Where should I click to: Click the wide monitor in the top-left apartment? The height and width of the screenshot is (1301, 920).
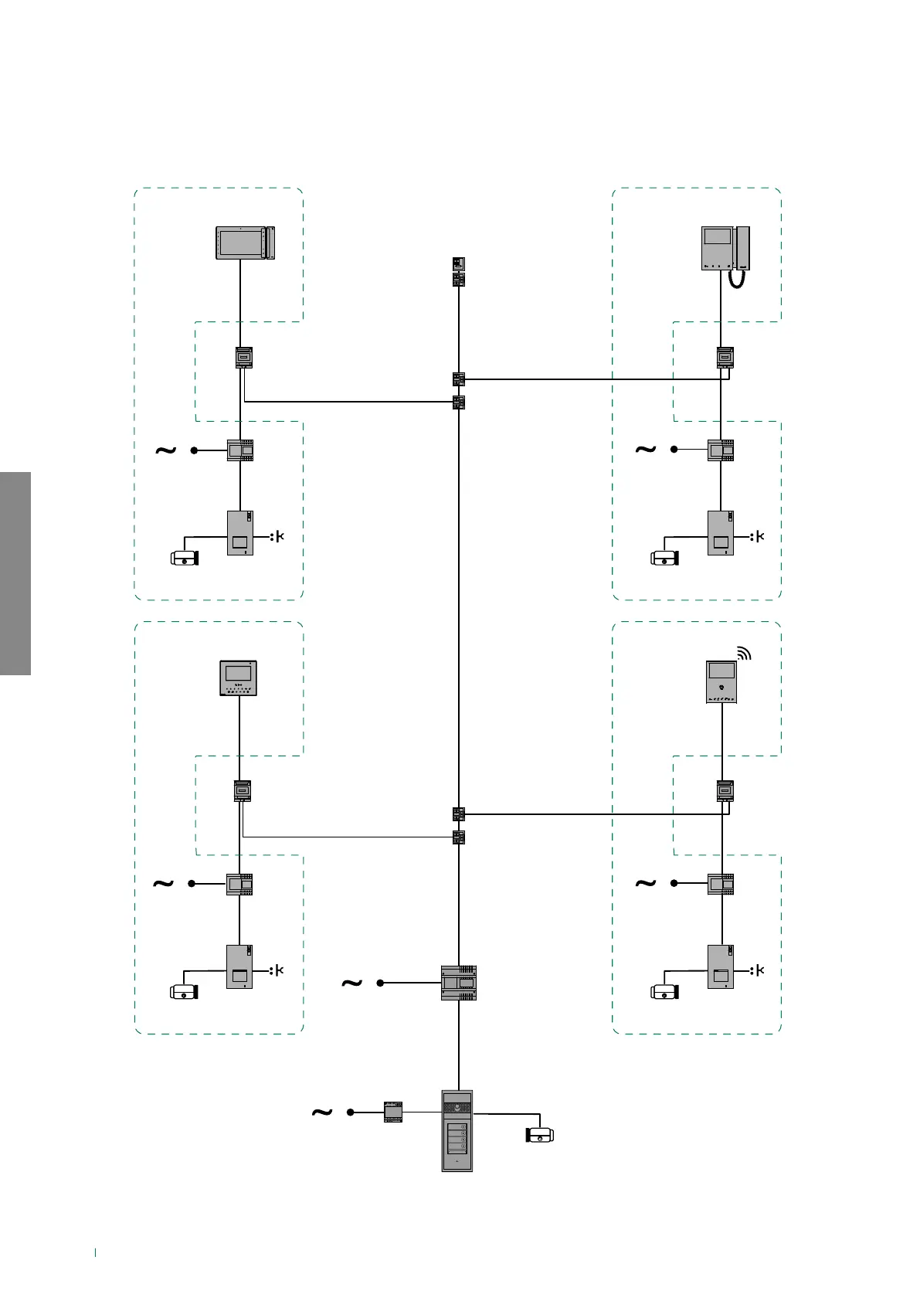245,243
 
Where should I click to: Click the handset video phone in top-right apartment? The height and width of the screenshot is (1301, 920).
725,249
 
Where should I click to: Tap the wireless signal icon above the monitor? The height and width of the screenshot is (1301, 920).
744,654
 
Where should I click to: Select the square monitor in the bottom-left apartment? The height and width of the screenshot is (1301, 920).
238,678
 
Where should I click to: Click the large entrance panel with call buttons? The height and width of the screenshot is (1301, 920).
457,1130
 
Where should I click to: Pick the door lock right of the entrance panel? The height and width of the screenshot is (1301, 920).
540,1135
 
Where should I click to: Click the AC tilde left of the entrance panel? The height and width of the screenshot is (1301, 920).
321,1112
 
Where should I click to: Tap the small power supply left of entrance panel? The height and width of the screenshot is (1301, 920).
393,1112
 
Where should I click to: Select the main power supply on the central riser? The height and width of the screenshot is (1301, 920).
458,983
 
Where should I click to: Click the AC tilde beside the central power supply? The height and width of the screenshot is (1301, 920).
351,983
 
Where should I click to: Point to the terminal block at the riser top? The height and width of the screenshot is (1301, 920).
458,271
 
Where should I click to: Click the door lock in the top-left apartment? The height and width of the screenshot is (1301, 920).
185,557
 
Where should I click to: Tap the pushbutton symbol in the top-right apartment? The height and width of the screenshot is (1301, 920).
758,536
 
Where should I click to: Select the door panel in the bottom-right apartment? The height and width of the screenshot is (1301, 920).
721,966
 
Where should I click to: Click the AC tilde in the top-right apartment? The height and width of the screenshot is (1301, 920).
645,449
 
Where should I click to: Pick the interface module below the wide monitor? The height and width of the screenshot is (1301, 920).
244,358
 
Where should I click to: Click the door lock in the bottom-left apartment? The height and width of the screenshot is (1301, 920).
185,991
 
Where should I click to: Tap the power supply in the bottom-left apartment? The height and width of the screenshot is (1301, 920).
239,884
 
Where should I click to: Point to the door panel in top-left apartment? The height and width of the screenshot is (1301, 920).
240,532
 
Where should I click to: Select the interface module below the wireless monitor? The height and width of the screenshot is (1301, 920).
725,791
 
